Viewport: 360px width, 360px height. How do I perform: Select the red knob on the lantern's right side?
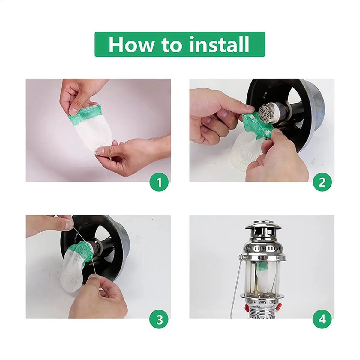(279, 306)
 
